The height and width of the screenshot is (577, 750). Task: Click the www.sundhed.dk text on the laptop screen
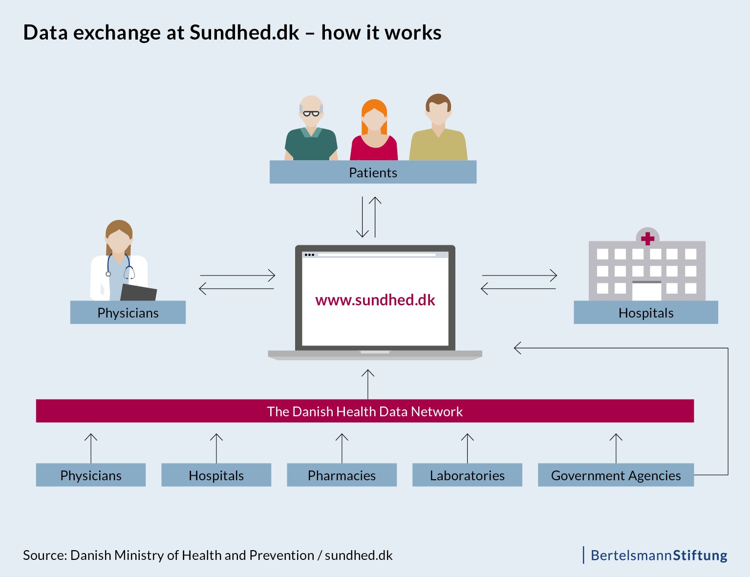click(375, 300)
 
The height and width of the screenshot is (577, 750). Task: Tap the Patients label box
click(373, 172)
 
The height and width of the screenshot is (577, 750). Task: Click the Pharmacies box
click(342, 475)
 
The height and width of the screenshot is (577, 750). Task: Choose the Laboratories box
click(467, 475)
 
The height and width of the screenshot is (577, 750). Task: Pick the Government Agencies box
click(616, 475)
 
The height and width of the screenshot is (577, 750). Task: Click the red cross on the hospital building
click(647, 238)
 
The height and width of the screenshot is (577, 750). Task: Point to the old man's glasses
click(311, 114)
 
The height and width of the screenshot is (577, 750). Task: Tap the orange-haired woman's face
click(374, 120)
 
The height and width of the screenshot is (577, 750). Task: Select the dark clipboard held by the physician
click(138, 292)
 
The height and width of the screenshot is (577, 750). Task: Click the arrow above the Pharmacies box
click(342, 448)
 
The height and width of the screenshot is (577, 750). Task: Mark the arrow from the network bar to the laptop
click(367, 384)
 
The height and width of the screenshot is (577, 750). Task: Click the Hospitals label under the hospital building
click(645, 313)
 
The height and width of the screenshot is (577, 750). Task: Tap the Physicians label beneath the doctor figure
click(128, 313)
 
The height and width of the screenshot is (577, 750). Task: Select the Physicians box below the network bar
click(90, 475)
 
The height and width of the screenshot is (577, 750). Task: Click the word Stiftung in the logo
click(700, 556)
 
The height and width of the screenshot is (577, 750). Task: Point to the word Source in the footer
click(44, 556)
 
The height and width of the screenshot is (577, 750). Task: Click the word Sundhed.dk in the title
click(244, 33)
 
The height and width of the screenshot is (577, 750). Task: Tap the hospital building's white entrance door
click(646, 292)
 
